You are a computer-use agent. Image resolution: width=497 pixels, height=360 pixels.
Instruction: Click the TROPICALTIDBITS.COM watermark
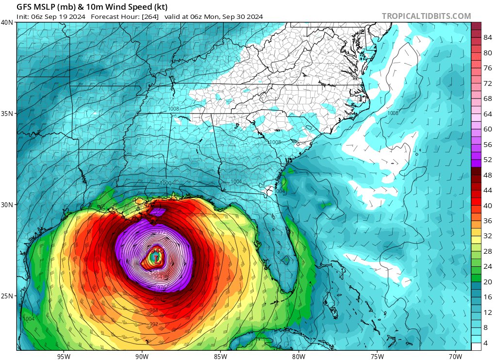[426, 16]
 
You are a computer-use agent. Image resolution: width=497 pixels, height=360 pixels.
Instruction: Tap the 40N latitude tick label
[7, 22]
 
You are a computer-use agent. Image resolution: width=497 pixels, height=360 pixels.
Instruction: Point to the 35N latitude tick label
[7, 114]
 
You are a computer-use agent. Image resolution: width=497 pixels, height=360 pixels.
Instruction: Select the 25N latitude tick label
[7, 296]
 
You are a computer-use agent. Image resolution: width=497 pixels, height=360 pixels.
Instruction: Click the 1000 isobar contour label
[166, 183]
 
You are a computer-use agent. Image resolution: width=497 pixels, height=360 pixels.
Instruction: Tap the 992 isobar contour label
[153, 324]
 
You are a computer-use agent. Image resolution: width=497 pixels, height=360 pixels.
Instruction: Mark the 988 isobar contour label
[153, 310]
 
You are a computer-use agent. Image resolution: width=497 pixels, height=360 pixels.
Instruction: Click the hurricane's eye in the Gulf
[155, 259]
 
